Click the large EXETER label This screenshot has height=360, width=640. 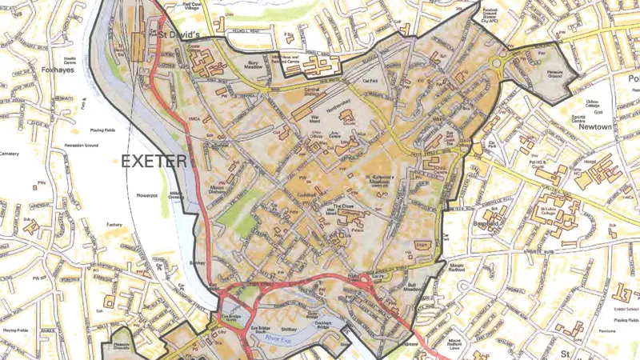coord(154,161)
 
